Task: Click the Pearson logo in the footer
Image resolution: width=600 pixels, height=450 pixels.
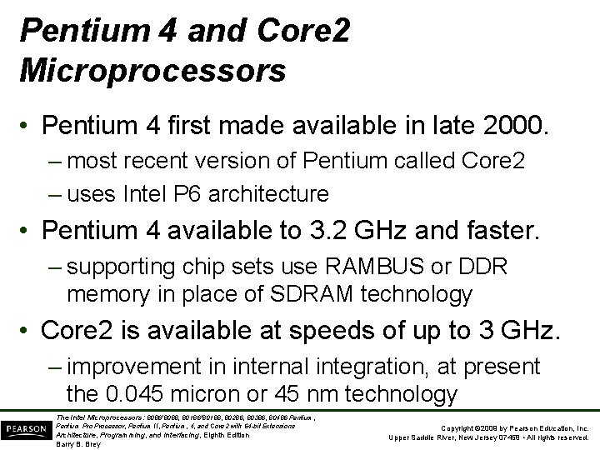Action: pos(26,427)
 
